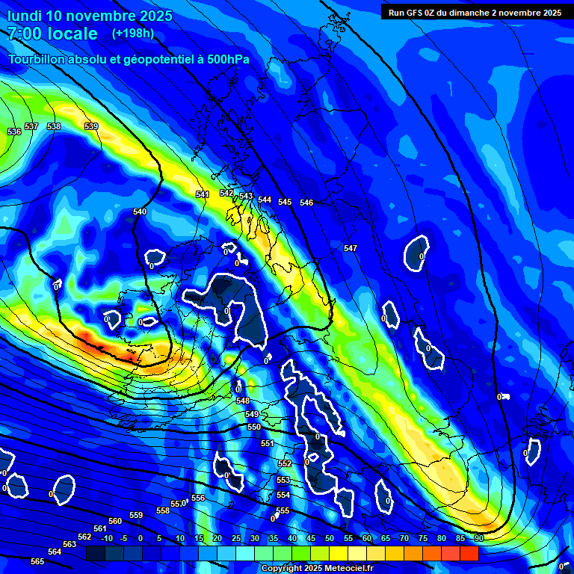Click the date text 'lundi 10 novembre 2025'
[x=90, y=16]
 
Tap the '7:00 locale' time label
[x=52, y=34]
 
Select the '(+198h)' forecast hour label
[x=133, y=34]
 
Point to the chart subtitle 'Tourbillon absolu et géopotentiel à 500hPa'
[x=129, y=59]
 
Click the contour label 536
[x=14, y=132]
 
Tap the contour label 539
[x=91, y=126]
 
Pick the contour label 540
[x=140, y=212]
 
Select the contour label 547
[x=351, y=248]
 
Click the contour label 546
[x=306, y=203]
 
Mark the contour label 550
[x=254, y=427]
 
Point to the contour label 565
[x=37, y=561]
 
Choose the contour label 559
[x=136, y=515]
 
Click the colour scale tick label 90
[x=478, y=538]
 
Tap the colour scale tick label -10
[x=107, y=538]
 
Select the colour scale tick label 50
[x=330, y=538]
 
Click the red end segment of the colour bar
[x=469, y=553]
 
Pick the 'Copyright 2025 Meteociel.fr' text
[x=317, y=569]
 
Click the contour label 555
[x=283, y=510]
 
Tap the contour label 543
[x=246, y=196]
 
